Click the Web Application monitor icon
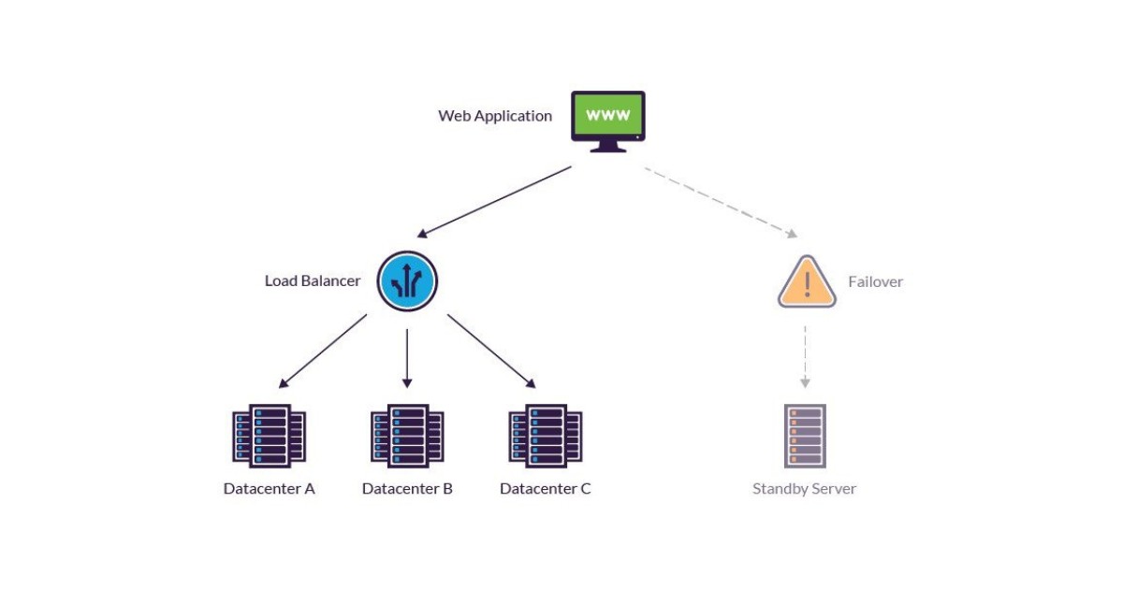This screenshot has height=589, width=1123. pos(608,120)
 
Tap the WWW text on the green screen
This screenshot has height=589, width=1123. pos(608,116)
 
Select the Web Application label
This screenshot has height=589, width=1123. pos(495,116)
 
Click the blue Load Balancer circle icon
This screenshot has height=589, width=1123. pos(407,281)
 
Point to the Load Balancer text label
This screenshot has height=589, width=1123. pos(313,280)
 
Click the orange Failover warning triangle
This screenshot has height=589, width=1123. pos(807,283)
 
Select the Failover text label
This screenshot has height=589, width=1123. pos(875,281)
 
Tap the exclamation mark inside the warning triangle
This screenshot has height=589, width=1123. pos(807,286)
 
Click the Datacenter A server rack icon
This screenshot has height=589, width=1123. pos(270,436)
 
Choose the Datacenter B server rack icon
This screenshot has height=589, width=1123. pos(407,436)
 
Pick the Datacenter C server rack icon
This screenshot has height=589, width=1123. pos(546,436)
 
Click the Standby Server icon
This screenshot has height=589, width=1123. pos(805,436)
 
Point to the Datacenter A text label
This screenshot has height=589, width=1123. pos(270,489)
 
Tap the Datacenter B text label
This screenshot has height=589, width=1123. pos(407,489)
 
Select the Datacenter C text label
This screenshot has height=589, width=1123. pos(546,489)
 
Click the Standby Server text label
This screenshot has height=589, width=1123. pos(805,489)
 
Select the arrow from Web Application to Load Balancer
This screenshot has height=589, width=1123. pos(494,202)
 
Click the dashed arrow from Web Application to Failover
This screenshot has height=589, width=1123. pos(721,202)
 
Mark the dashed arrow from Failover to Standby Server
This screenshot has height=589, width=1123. pos(805,355)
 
